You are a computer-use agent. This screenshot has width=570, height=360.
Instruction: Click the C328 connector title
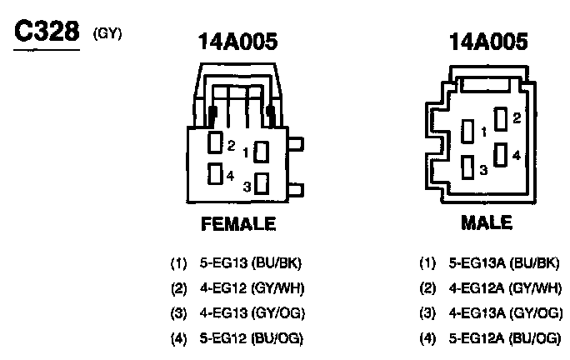click(46, 34)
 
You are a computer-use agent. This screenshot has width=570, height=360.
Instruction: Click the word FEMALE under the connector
click(237, 224)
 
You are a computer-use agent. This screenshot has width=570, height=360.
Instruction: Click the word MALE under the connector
click(486, 224)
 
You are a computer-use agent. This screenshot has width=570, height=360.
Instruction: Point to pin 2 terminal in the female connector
click(215, 143)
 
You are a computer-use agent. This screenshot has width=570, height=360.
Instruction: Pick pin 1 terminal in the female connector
click(262, 152)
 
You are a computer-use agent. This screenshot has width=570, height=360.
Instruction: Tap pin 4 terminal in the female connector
click(215, 174)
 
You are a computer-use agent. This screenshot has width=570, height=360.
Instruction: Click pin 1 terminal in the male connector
click(469, 132)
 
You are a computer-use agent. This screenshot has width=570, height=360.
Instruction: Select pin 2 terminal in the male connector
click(501, 119)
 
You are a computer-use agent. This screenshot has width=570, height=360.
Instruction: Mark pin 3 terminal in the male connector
click(469, 167)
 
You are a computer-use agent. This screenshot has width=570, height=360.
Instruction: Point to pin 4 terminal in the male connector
click(501, 154)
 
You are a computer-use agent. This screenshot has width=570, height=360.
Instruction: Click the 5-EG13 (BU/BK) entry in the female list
click(250, 263)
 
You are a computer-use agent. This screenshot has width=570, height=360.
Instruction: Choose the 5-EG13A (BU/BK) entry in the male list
click(503, 263)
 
